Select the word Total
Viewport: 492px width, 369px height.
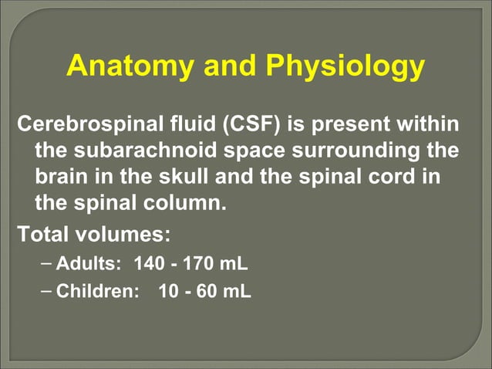44,233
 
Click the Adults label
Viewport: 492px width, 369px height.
89,264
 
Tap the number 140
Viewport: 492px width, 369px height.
150,264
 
